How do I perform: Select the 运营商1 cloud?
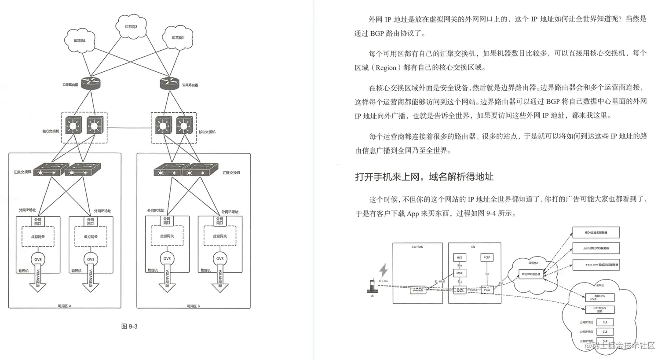pos(80,41)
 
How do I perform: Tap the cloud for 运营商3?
pos(178,38)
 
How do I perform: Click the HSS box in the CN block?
pos(459,257)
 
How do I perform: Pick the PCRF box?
pos(486,257)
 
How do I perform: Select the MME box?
pos(459,273)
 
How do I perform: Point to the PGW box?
pos(487,290)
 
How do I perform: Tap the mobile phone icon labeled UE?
pos(372,287)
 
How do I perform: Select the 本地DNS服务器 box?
pos(531,274)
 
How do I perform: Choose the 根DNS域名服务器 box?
pos(596,232)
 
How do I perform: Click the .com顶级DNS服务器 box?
pos(596,248)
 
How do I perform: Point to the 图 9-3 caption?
pos(129,327)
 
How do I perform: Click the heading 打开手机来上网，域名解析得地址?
pos(424,177)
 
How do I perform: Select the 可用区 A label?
pos(64,306)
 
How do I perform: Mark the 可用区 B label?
pos(193,306)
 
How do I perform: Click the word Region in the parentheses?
pos(386,68)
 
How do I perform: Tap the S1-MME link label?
pos(439,281)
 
